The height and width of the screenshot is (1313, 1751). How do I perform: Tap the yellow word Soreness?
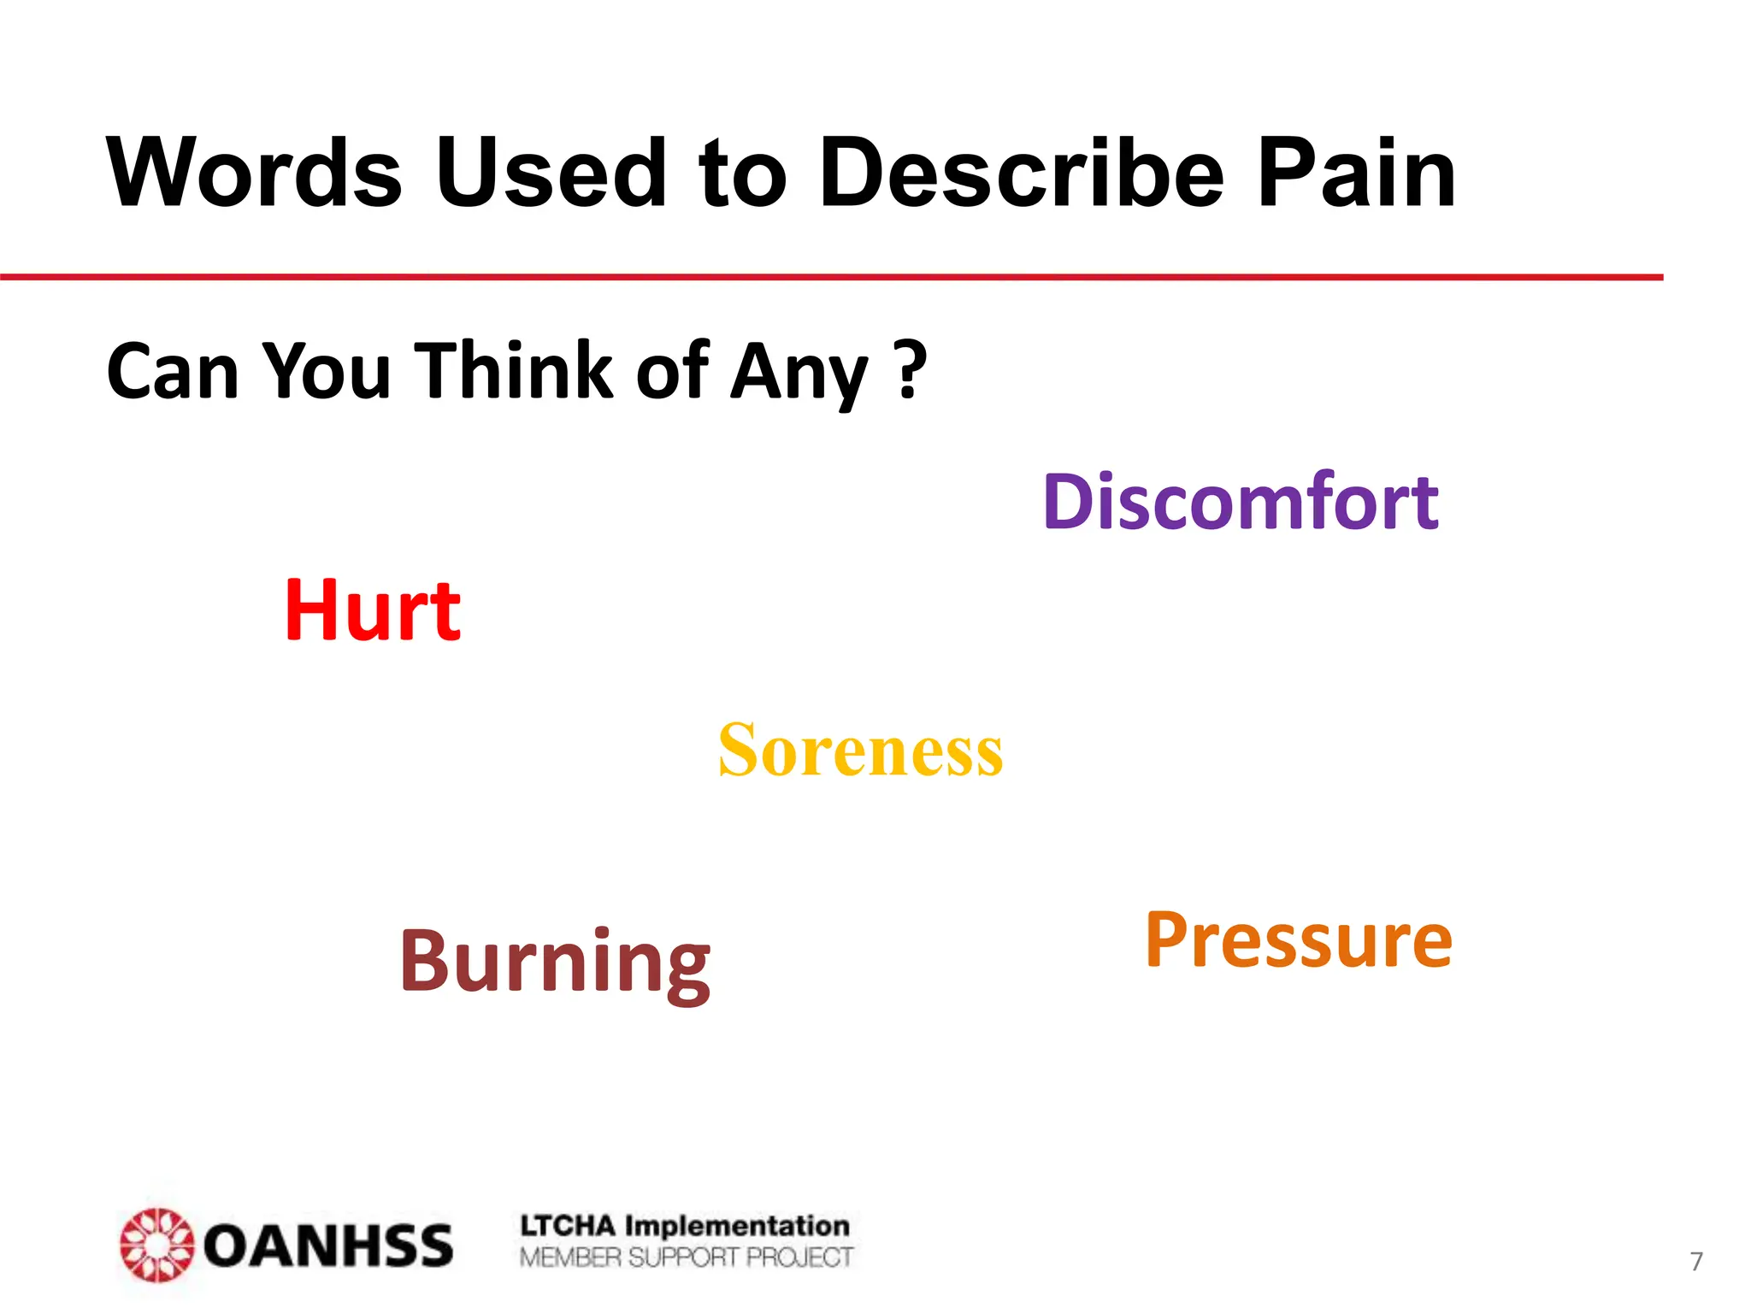(860, 751)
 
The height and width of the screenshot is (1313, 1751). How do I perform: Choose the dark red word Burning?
(555, 962)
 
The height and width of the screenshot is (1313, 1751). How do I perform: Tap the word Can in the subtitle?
(173, 372)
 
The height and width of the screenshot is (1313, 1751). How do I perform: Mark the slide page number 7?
(1696, 1261)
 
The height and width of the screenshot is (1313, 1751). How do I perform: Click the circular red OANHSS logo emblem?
(156, 1245)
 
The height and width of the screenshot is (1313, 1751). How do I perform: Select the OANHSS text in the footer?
(328, 1245)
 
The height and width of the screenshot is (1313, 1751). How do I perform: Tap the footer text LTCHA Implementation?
(685, 1226)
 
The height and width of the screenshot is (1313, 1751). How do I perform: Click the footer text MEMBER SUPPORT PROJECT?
(686, 1257)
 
